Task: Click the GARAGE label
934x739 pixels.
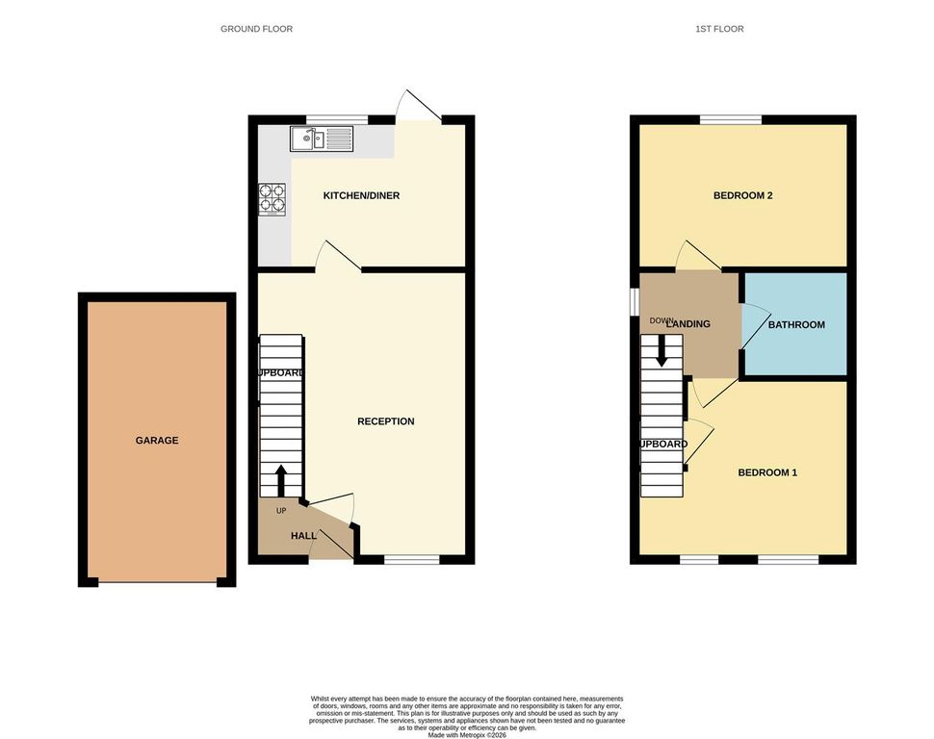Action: pos(156,441)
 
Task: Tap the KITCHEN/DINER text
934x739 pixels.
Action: pos(361,196)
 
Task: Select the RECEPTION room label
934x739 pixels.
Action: pos(385,421)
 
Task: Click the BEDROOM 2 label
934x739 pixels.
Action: pos(742,196)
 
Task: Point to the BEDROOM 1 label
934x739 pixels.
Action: pos(767,472)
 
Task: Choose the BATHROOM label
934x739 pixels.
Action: pos(795,325)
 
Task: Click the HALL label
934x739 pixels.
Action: pos(304,536)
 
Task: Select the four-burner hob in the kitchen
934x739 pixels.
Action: pos(272,197)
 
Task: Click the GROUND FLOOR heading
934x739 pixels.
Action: pos(256,29)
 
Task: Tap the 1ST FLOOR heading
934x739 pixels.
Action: pos(719,29)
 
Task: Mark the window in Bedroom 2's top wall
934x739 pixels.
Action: pos(730,119)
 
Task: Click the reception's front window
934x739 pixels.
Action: pos(412,559)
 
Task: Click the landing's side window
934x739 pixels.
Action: pos(634,300)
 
